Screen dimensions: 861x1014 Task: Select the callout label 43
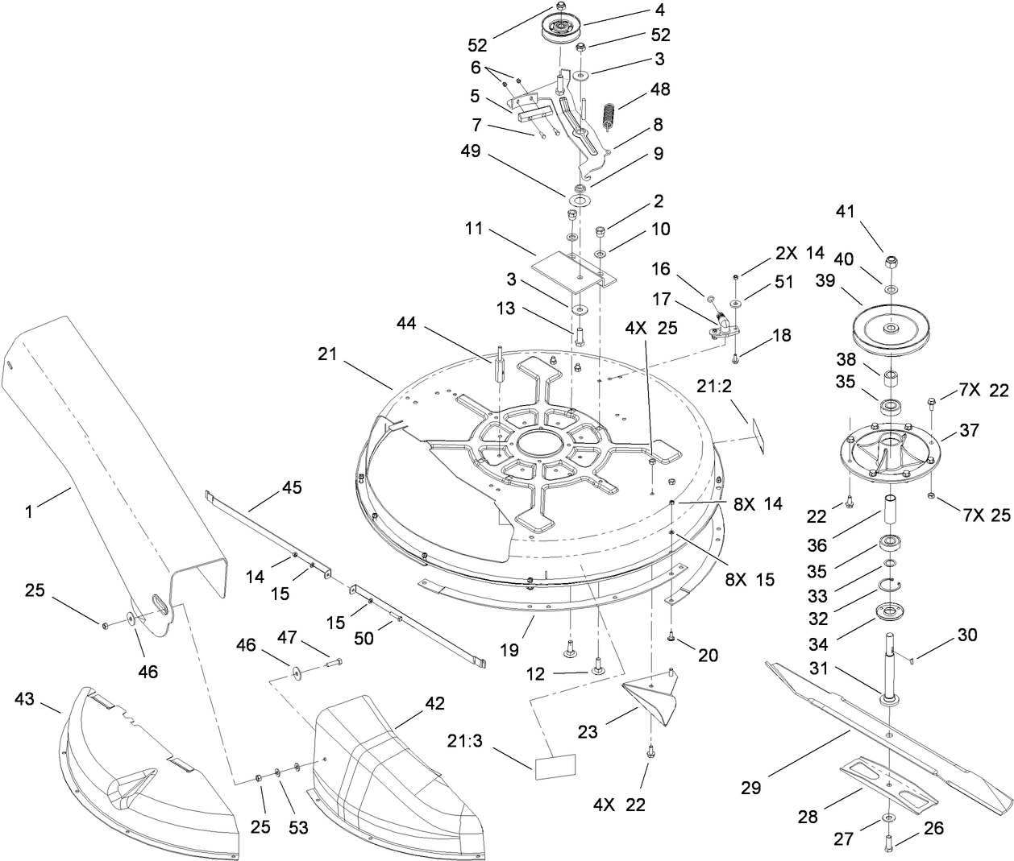(25, 698)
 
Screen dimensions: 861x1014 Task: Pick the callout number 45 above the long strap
(291, 487)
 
